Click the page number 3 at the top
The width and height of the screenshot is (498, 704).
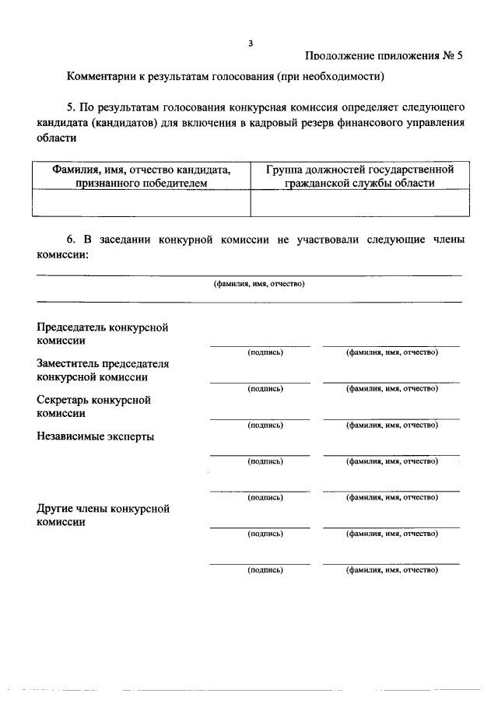(x=251, y=44)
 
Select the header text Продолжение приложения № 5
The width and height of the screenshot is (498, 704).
(x=384, y=56)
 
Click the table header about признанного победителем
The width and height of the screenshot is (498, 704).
(x=142, y=176)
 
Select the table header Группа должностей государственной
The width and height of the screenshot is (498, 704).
(x=359, y=170)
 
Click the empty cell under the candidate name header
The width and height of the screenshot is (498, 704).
(x=142, y=202)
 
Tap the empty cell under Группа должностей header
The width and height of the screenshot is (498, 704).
(x=359, y=202)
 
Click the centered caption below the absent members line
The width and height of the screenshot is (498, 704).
(x=259, y=284)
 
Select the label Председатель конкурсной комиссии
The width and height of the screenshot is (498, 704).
(x=103, y=334)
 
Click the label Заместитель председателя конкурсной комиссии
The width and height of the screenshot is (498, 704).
(x=103, y=370)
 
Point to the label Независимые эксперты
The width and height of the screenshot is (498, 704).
(x=95, y=436)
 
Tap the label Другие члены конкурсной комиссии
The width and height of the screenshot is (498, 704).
(x=103, y=516)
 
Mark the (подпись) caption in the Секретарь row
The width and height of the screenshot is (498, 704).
(x=265, y=426)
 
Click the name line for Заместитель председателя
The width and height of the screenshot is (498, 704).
(x=391, y=382)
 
